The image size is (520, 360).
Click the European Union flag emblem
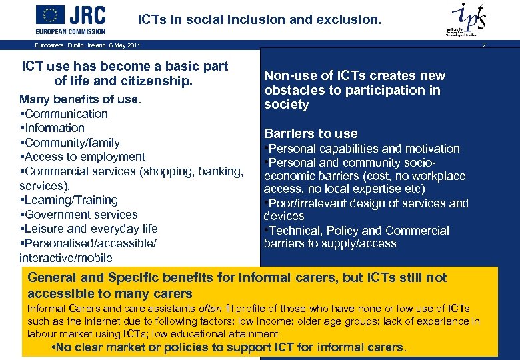51,15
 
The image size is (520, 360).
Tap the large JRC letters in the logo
88,15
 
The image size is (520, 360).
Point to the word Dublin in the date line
75,45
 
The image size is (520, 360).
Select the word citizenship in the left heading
159,81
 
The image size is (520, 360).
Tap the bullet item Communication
65,114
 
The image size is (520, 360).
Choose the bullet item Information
54,128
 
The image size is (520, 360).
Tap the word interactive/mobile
66,258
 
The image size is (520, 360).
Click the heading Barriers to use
311,133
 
